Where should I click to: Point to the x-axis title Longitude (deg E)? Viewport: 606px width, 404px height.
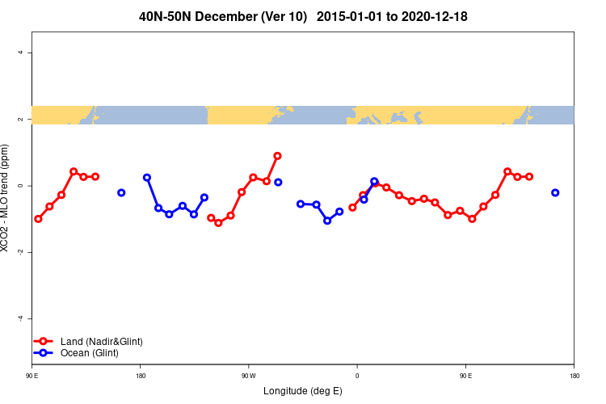[303, 391]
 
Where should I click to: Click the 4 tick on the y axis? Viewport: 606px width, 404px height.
[20, 53]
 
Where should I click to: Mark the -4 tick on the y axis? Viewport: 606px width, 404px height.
[20, 318]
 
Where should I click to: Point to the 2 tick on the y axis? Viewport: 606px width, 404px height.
[20, 119]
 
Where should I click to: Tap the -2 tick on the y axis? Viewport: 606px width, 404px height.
[20, 252]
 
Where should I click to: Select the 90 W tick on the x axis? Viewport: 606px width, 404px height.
[248, 376]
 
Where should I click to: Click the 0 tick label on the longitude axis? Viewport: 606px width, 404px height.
[356, 376]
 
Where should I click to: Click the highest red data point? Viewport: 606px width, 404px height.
[277, 156]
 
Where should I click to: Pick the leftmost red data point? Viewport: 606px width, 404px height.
[38, 219]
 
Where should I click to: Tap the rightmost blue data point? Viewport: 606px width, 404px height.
[555, 192]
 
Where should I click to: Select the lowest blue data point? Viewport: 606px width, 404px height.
[327, 221]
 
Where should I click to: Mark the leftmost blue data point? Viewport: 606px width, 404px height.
[121, 192]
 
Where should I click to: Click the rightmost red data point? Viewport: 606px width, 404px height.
[529, 176]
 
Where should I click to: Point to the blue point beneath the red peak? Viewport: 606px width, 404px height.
[278, 183]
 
